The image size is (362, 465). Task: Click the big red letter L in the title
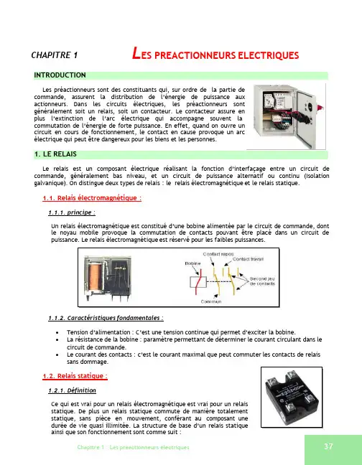point(136,53)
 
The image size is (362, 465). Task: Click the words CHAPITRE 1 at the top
point(55,55)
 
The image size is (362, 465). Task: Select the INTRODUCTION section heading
point(60,75)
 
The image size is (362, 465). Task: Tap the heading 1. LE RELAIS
point(55,154)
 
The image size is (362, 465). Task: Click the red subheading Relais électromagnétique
point(92,198)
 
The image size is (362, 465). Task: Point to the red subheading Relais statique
point(75,376)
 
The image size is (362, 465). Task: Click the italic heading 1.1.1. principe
point(72,212)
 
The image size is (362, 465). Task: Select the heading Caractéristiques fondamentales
point(106,318)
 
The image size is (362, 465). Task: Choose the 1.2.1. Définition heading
point(72,390)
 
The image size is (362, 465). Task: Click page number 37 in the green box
point(328,446)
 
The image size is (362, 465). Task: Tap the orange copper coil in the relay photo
point(96,277)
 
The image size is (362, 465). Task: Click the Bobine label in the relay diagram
point(193,263)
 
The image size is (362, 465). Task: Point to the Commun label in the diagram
point(211,301)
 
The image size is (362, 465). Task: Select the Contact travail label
point(248,259)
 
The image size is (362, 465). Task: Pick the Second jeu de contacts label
point(262,281)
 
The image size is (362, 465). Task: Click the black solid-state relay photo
point(292,398)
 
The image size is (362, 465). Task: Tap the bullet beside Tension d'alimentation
point(57,333)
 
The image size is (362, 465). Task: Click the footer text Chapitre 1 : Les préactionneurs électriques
point(133,447)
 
